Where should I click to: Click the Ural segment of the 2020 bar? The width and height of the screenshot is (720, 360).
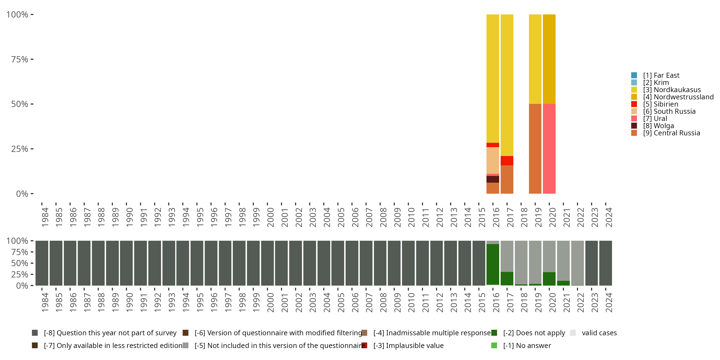coord(549,149)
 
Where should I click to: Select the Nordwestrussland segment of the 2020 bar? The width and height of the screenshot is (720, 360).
coord(549,59)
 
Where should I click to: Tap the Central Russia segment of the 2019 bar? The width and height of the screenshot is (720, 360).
coord(535,149)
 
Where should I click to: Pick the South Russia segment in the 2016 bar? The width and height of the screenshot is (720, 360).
coord(492,160)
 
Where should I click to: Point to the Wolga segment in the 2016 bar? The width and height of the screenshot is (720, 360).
coord(492,179)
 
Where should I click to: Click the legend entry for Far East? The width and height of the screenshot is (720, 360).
coord(661,75)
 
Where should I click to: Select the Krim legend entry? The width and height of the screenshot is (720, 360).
coord(656,83)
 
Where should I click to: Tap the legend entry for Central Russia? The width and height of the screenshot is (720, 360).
coord(671,133)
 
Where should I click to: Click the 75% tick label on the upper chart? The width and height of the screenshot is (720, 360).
coord(20,59)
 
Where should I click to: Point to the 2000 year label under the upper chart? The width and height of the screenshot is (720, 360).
coord(270,217)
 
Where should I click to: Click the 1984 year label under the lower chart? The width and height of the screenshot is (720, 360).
coord(45,302)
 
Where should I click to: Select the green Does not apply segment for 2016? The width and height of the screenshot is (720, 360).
coord(492,264)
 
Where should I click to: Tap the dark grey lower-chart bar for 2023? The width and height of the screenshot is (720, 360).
coord(591,263)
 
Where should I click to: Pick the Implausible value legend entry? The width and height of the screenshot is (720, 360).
coord(408,345)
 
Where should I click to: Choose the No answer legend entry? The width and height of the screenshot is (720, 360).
coord(527,345)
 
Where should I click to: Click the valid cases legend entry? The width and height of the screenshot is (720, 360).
coord(599,333)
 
